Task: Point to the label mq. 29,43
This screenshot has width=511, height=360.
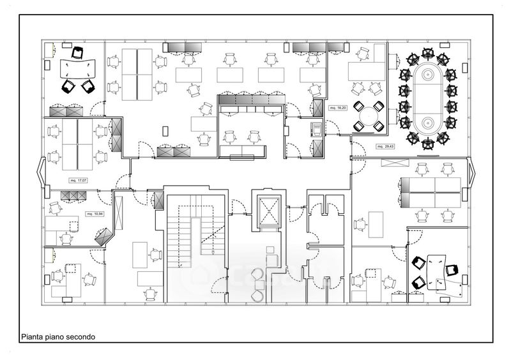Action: pyautogui.click(x=385, y=146)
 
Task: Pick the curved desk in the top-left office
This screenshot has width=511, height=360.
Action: pyautogui.click(x=77, y=67)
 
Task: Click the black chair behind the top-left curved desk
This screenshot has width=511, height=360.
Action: pyautogui.click(x=78, y=51)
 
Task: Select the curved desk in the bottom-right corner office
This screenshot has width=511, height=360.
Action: pyautogui.click(x=438, y=271)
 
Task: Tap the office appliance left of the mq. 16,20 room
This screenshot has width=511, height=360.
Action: pyautogui.click(x=316, y=128)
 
